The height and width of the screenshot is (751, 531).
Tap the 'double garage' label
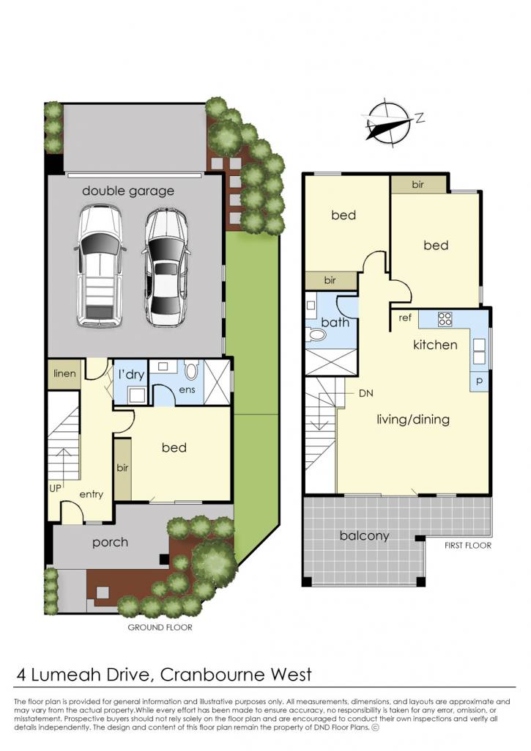[127, 191]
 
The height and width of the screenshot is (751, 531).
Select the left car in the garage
[100, 265]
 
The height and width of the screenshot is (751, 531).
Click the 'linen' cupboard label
[64, 373]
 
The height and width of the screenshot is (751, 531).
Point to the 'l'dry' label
[132, 374]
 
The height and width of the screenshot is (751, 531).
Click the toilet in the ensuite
[191, 370]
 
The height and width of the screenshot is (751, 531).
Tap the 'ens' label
[187, 390]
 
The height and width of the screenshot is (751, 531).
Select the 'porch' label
[110, 543]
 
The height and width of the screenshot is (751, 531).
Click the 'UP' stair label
[56, 488]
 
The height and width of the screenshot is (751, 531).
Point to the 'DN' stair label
[366, 394]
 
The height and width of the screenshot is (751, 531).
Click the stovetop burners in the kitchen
[445, 319]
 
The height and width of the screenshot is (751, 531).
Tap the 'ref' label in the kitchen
[405, 318]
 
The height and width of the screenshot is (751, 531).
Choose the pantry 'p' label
[479, 381]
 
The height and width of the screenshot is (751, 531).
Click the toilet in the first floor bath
[316, 334]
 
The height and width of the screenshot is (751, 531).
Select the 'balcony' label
[365, 535]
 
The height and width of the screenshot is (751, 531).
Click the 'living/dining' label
[413, 420]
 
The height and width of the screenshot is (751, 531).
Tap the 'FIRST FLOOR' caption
[468, 546]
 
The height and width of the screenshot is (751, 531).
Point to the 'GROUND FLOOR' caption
[160, 628]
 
